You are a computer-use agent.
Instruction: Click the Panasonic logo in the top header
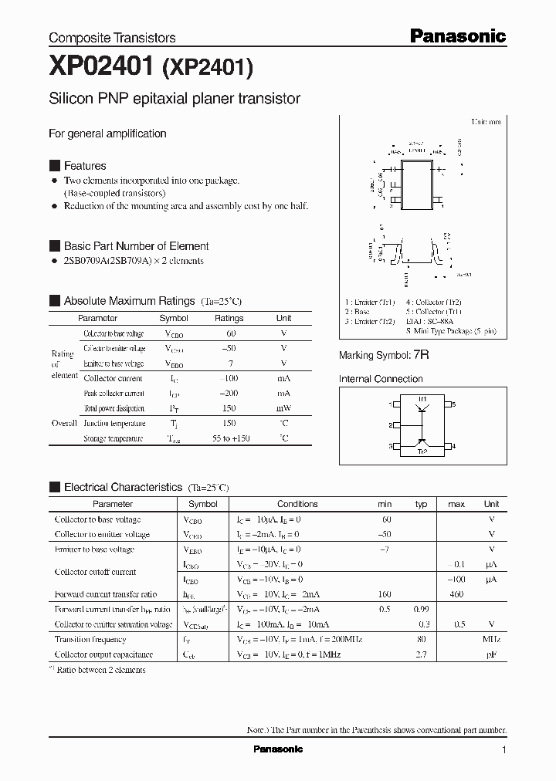[457, 35]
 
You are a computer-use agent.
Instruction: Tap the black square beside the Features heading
[54, 166]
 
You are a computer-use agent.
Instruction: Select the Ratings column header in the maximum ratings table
[229, 318]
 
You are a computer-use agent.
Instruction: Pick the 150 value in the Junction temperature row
[229, 423]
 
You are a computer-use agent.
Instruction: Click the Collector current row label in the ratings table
[113, 378]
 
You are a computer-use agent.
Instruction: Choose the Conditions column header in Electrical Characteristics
[297, 504]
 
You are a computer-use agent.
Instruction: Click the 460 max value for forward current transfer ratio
[456, 594]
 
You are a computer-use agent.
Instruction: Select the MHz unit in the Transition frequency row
[492, 639]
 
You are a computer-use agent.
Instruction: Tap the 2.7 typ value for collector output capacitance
[422, 654]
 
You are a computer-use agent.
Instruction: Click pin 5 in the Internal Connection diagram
[454, 404]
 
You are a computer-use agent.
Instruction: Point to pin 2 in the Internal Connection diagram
[391, 425]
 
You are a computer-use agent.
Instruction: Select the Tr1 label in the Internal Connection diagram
[422, 398]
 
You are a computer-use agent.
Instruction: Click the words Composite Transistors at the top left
[112, 37]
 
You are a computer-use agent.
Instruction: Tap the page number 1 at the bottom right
[503, 749]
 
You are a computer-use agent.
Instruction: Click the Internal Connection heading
[381, 379]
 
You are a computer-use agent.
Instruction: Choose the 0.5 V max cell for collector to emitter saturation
[460, 624]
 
